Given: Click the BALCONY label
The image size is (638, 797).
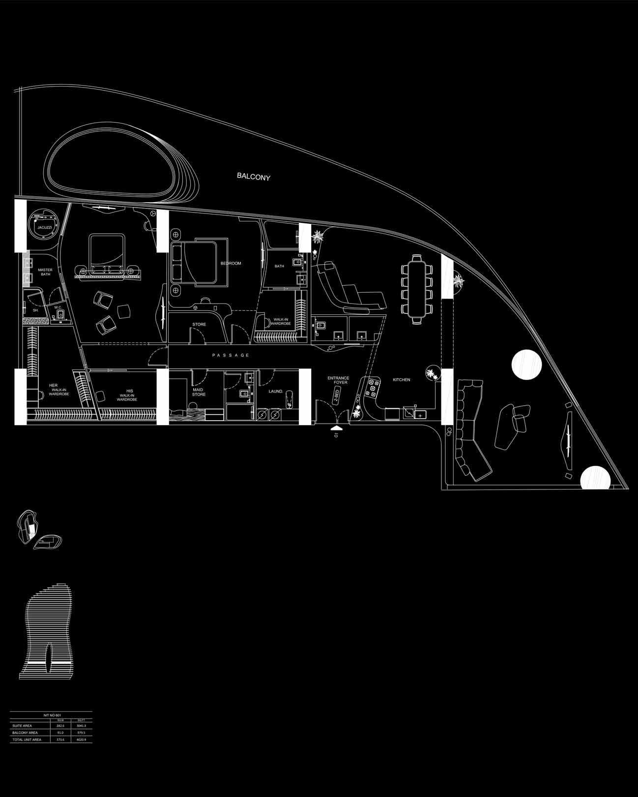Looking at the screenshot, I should (x=253, y=176).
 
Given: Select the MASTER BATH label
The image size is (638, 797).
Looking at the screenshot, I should (x=45, y=272).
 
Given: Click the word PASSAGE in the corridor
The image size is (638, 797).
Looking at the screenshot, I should (x=231, y=355).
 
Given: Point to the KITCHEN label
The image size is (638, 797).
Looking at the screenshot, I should (x=401, y=380).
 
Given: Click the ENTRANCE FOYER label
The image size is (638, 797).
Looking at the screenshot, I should (x=338, y=380).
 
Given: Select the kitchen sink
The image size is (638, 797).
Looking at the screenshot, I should (x=409, y=413).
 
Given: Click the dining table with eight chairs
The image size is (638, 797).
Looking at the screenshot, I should (x=417, y=289).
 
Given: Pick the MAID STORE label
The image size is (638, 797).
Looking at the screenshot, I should (x=199, y=392).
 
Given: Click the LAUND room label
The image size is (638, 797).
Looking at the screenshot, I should (x=275, y=391).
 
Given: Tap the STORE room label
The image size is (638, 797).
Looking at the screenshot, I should (x=199, y=324).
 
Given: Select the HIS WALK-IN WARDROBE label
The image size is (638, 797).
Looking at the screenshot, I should (x=127, y=395).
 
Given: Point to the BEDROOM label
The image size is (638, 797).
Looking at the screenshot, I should (x=231, y=264).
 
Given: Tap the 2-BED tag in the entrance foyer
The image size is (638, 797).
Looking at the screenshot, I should (x=337, y=395).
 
